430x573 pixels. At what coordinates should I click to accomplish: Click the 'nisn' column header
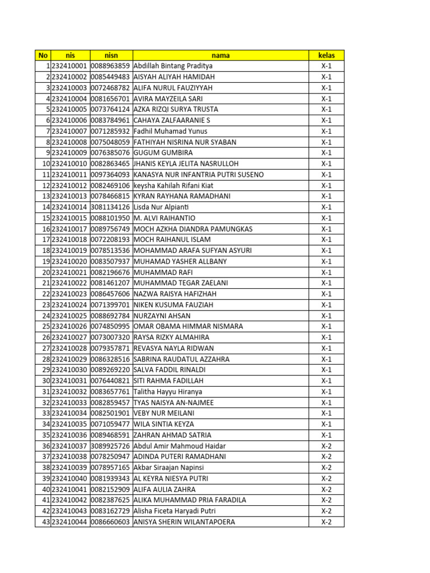pyautogui.click(x=111, y=55)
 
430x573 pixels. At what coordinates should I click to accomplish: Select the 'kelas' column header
pyautogui.click(x=326, y=55)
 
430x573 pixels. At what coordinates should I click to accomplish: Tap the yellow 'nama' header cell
pyautogui.click(x=220, y=55)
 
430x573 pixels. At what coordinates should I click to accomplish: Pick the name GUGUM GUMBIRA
pyautogui.click(x=163, y=153)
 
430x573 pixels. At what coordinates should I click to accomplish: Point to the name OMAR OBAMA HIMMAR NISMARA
pyautogui.click(x=188, y=326)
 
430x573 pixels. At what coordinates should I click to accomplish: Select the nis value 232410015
pyautogui.click(x=69, y=218)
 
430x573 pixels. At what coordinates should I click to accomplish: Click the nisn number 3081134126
pyautogui.click(x=111, y=207)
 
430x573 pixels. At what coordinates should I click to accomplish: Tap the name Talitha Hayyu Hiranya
pyautogui.click(x=168, y=392)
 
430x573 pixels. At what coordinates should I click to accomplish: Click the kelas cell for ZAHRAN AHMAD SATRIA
pyautogui.click(x=326, y=435)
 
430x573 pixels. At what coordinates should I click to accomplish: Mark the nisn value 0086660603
pyautogui.click(x=111, y=522)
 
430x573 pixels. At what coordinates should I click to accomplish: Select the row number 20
pyautogui.click(x=45, y=272)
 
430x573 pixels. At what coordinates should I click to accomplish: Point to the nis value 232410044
pyautogui.click(x=69, y=522)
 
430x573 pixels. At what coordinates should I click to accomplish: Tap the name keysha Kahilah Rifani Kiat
pyautogui.click(x=173, y=185)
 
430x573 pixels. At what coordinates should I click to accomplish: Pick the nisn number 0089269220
pyautogui.click(x=111, y=370)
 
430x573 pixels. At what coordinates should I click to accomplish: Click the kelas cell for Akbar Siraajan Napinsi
pyautogui.click(x=326, y=467)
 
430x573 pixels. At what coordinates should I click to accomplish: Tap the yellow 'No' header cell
pyautogui.click(x=43, y=55)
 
